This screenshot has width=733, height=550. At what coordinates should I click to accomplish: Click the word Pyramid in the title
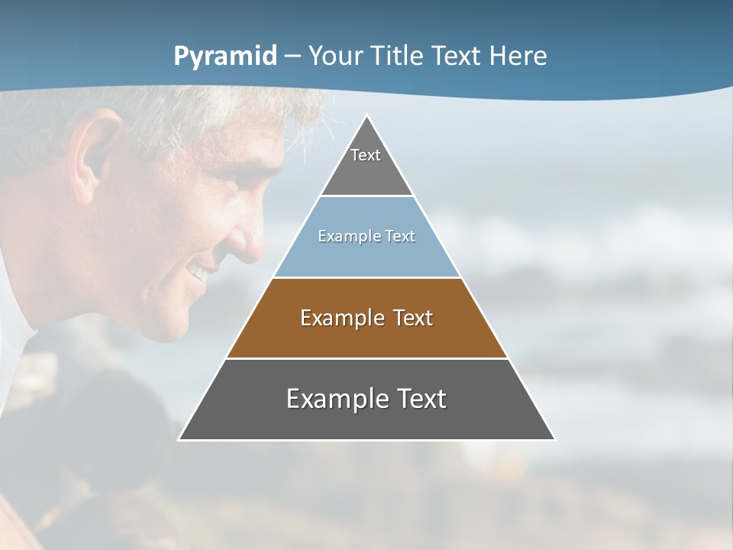point(225,57)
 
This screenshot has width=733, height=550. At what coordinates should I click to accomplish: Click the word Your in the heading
point(337,57)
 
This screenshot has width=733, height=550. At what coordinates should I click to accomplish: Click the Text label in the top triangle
point(366,155)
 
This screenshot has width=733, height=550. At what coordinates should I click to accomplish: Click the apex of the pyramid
point(366,117)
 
